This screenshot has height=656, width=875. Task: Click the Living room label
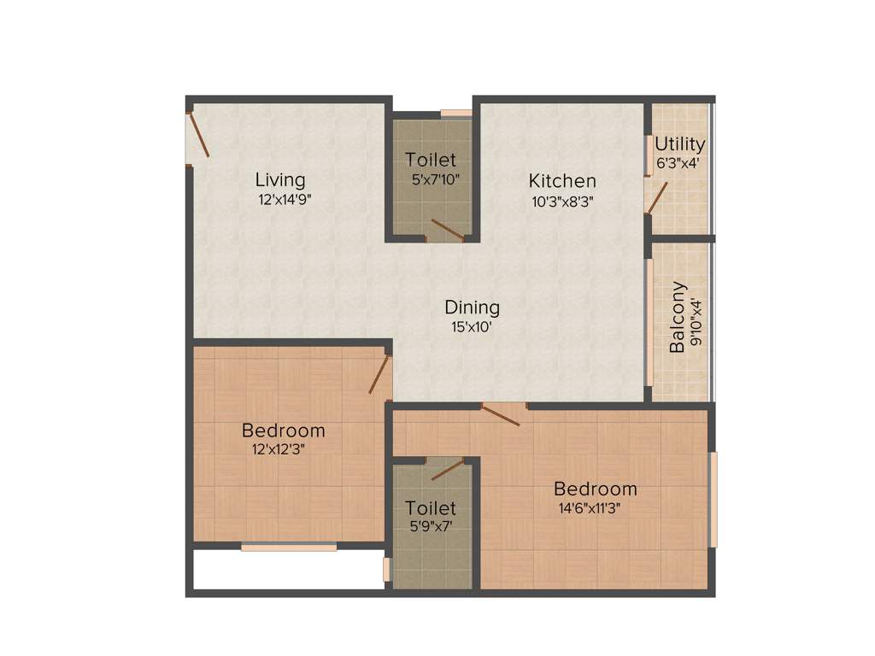(x=280, y=180)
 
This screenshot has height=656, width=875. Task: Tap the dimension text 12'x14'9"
(x=291, y=201)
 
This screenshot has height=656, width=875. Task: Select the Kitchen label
(x=562, y=181)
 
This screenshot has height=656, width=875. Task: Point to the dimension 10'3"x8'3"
(x=561, y=202)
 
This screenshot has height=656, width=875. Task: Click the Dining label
(x=472, y=307)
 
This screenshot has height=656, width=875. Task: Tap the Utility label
(x=680, y=143)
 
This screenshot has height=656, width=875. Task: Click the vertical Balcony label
(x=677, y=317)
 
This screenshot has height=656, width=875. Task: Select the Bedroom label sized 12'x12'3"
(x=284, y=430)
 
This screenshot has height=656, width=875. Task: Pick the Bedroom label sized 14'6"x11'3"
(x=596, y=489)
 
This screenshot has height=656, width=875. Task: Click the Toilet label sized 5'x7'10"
(x=431, y=160)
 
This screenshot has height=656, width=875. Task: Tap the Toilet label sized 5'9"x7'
(x=431, y=508)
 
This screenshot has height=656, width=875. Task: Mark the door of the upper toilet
(x=447, y=229)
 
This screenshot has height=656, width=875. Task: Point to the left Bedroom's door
(x=379, y=375)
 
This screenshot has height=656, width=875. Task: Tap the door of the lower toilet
(x=447, y=469)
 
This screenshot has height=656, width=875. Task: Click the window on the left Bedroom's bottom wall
(x=288, y=547)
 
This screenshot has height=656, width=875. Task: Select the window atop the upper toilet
(x=456, y=113)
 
